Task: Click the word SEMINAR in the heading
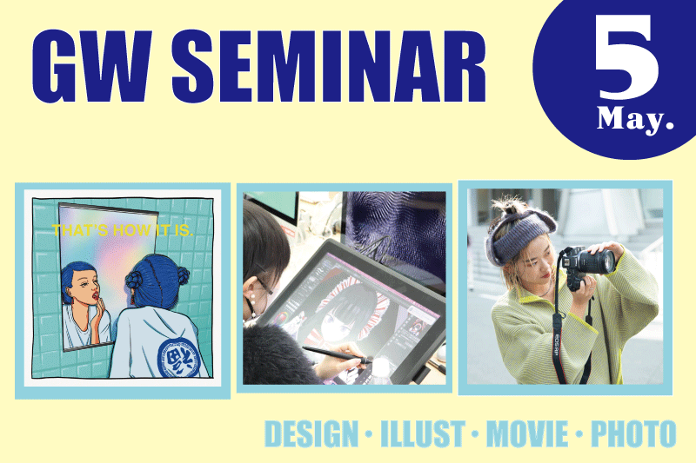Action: (x=329, y=67)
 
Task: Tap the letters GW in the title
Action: (x=92, y=67)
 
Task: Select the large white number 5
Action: (x=626, y=56)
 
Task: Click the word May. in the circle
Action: (x=635, y=120)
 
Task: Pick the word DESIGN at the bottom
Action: (x=311, y=433)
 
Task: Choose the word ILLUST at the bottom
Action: (x=423, y=433)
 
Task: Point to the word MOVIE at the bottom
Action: (x=527, y=433)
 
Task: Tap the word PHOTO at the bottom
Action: (x=633, y=433)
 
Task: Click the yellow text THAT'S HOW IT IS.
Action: (x=123, y=230)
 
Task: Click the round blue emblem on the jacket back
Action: (x=179, y=359)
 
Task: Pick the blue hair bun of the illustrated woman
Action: (x=135, y=280)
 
